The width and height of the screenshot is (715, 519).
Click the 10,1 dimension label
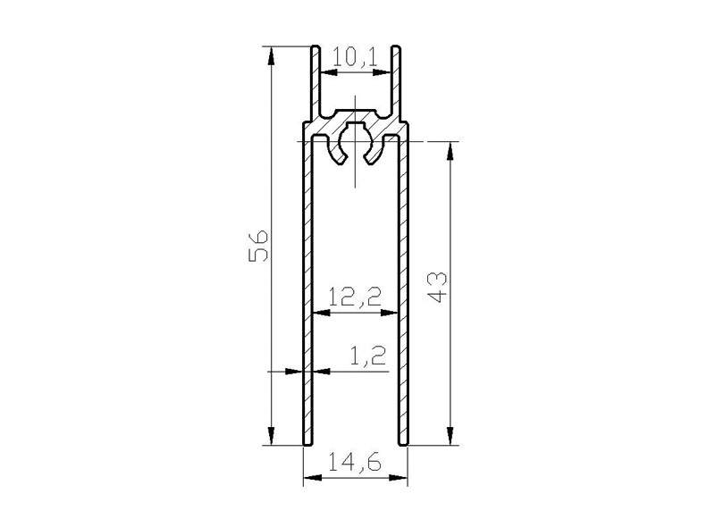355,58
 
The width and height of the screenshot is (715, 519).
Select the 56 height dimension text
258,246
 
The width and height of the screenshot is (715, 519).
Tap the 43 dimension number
438,288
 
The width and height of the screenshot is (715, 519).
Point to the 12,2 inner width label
355,297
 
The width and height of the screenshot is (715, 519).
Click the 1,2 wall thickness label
368,356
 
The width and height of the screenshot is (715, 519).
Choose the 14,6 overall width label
355,464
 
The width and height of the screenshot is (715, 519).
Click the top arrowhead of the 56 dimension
271,55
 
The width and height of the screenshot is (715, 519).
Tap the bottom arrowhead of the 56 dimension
271,436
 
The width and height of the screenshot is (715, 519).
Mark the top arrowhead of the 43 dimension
450,151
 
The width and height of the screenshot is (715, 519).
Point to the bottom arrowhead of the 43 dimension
450,436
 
